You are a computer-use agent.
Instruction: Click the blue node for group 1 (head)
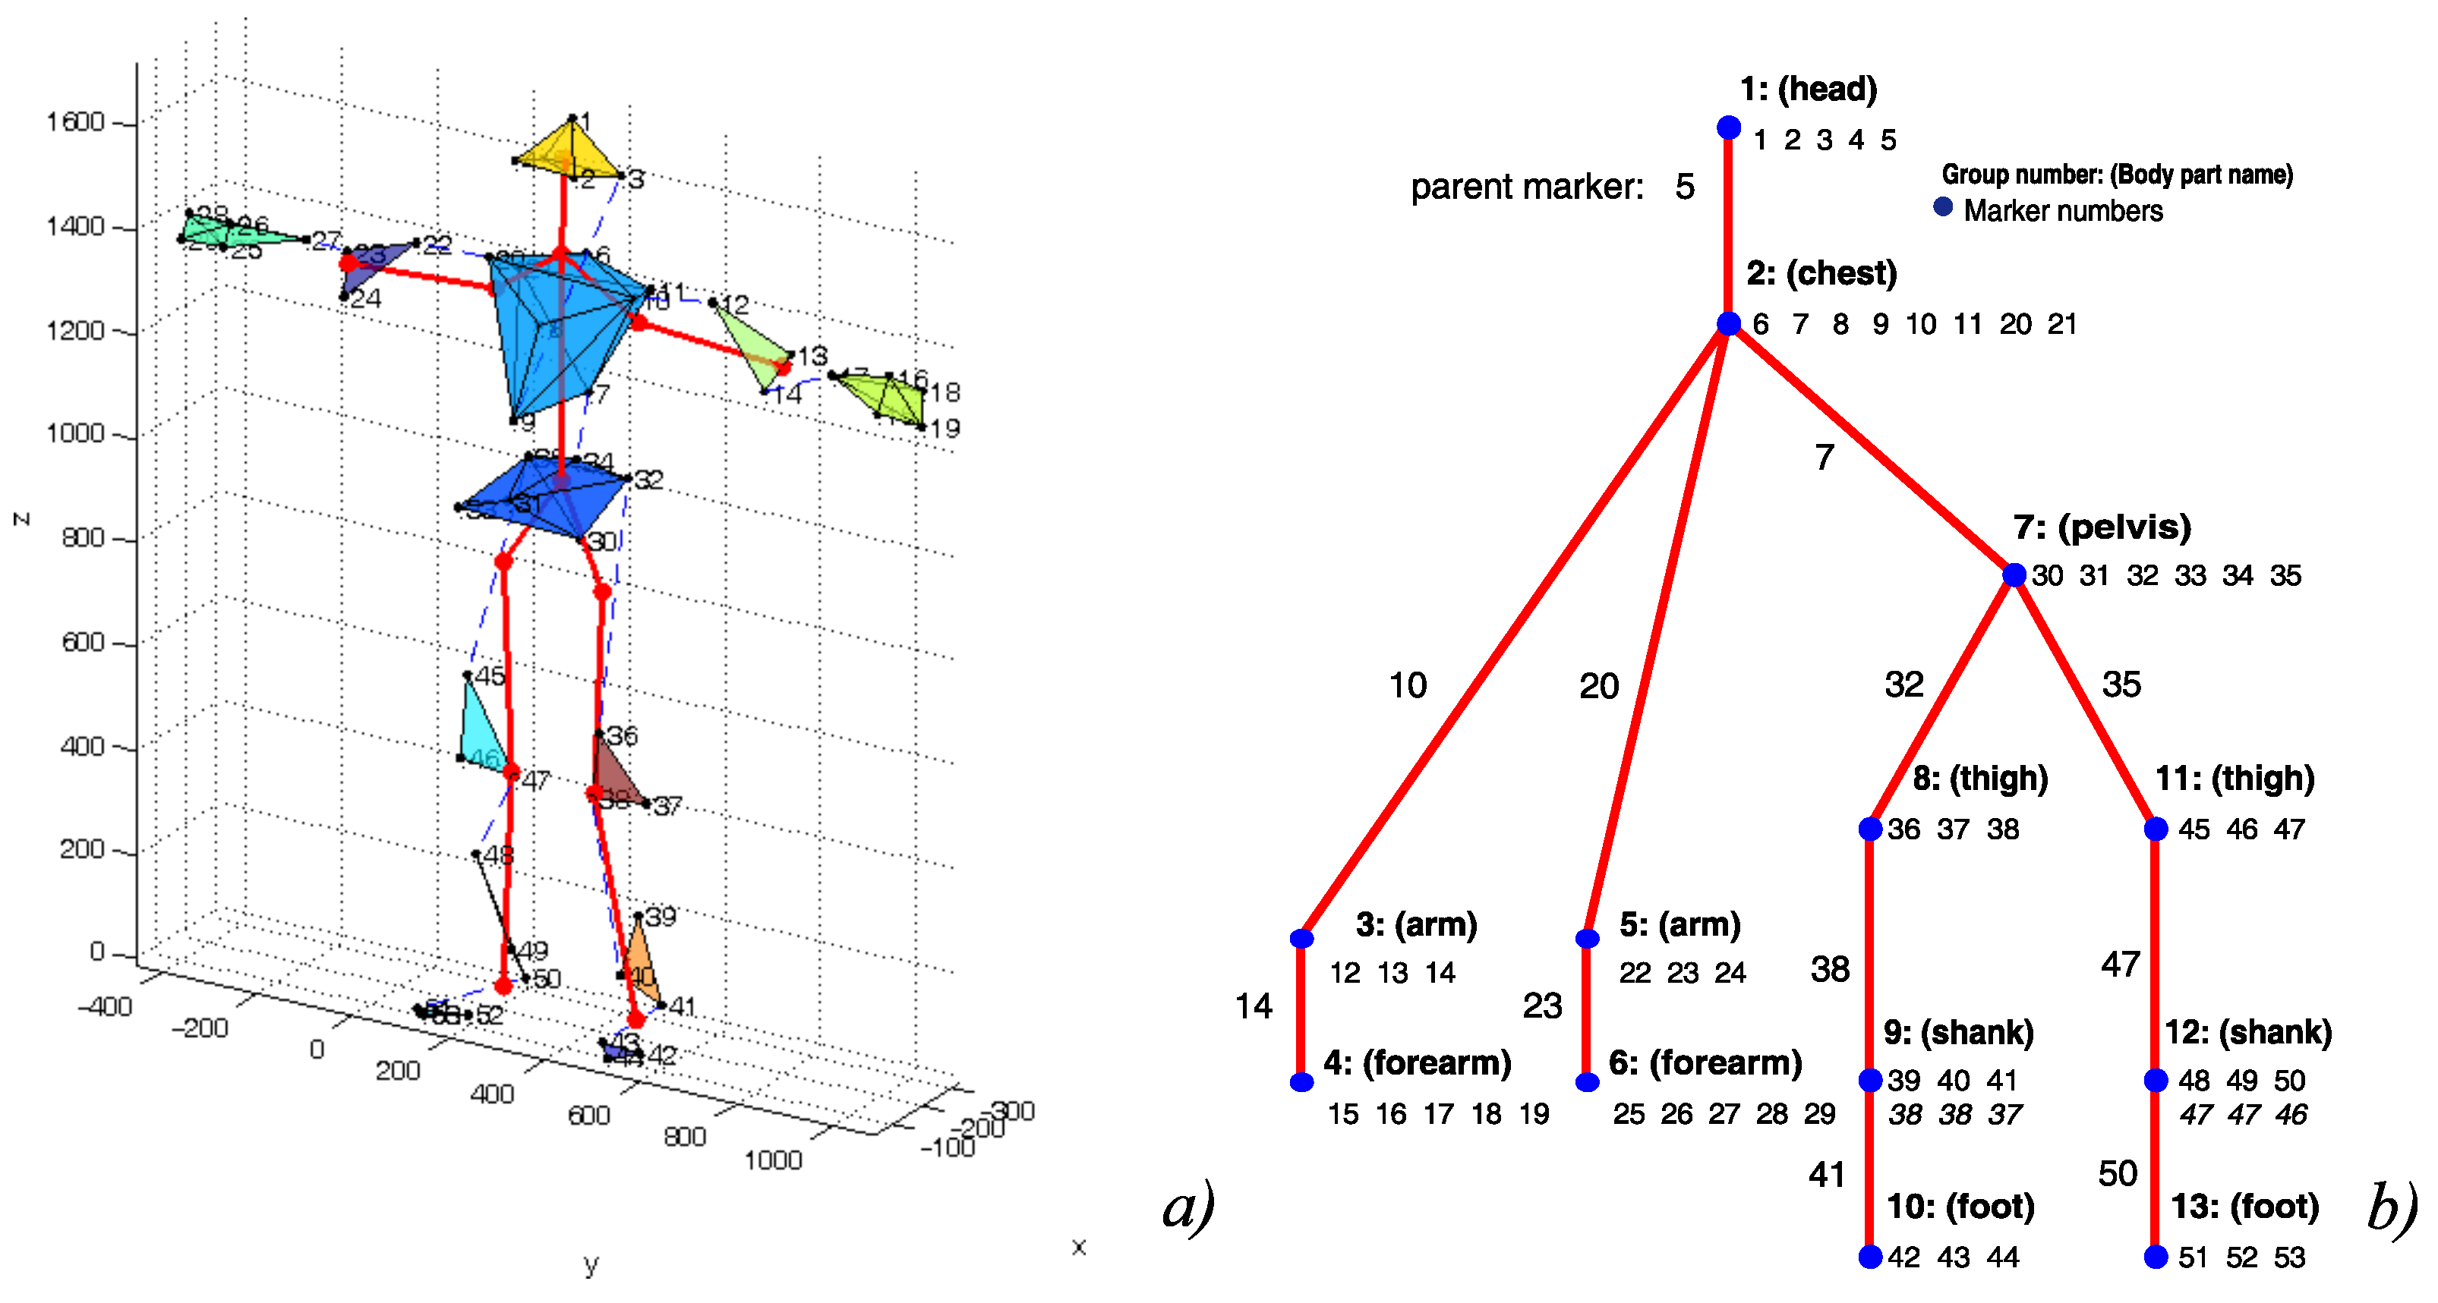1728,127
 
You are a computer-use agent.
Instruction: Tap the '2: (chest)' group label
1821,273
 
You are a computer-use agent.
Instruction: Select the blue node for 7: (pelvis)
2014,574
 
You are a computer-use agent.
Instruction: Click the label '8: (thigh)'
1980,779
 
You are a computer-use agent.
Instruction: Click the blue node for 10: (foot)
1869,1257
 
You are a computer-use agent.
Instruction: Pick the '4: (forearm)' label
1416,1062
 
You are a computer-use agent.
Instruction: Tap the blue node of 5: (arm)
1587,938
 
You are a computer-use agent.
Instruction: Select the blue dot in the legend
1943,207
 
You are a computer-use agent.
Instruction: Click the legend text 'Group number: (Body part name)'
2117,175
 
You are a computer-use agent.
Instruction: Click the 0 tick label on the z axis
96,951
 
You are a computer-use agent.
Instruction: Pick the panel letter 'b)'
2392,1210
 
